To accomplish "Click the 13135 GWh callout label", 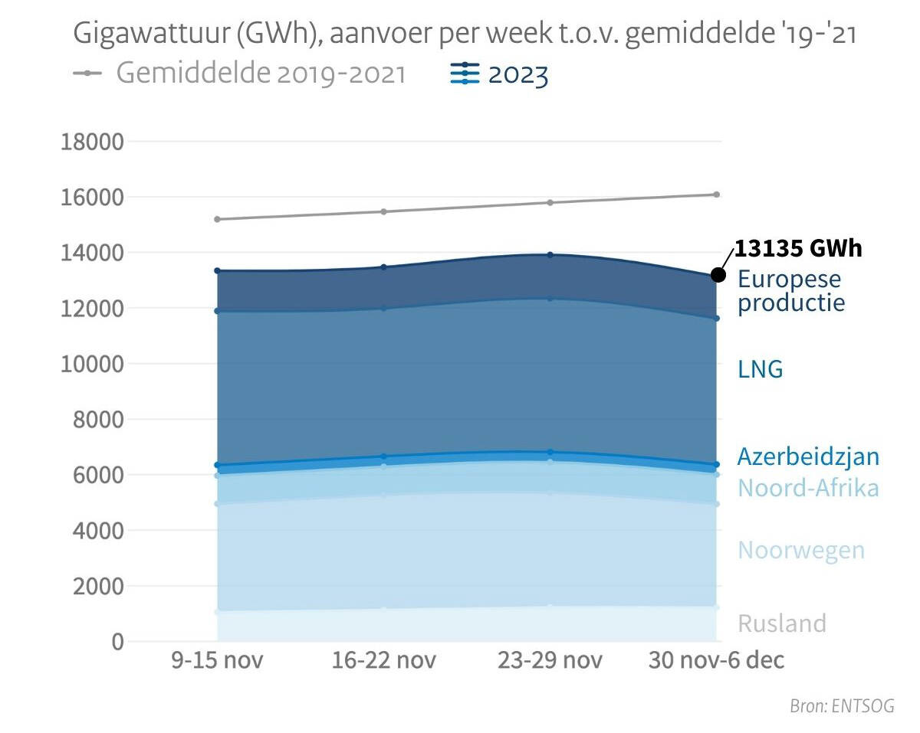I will (x=798, y=249).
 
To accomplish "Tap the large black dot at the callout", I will (x=718, y=275).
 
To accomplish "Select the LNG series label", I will (x=760, y=369).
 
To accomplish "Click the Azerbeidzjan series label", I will (x=808, y=456).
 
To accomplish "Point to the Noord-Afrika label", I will (x=808, y=488).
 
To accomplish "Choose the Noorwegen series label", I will (x=801, y=550).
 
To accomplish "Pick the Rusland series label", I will (x=782, y=623).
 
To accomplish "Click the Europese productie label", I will (x=790, y=290).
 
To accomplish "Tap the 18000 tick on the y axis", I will (x=91, y=142).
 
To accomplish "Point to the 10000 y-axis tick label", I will (x=91, y=365).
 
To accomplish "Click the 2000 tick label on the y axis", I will (x=97, y=587).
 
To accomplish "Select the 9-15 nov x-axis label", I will (x=217, y=660).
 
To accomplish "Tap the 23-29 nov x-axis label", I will (x=550, y=660).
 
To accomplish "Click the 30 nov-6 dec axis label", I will (x=716, y=660).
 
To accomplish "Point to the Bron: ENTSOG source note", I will (x=842, y=706).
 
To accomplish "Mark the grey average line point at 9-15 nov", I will (x=217, y=219).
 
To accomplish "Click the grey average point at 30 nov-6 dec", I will (x=717, y=195).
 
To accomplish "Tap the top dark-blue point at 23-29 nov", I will (x=550, y=255).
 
